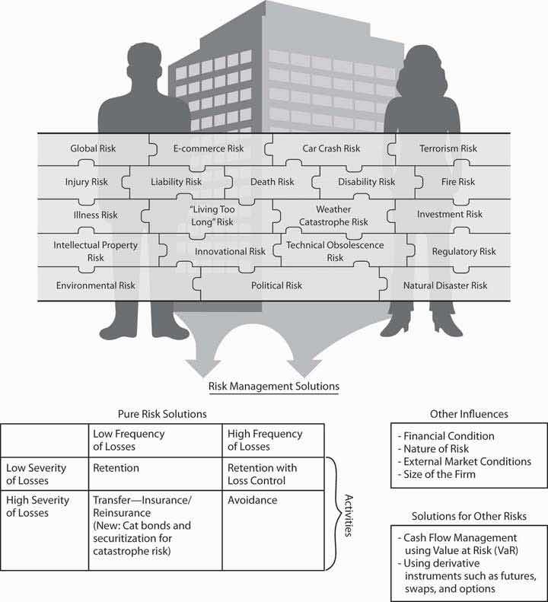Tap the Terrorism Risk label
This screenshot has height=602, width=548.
[x=448, y=148]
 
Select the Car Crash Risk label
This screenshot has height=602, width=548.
[x=330, y=148]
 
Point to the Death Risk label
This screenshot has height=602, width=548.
[x=272, y=182]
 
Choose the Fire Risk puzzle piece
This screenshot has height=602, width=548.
[x=457, y=182]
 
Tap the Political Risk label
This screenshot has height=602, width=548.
[x=276, y=285]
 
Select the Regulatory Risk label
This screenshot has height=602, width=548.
[x=464, y=251]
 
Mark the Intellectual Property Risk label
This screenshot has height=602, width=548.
[x=95, y=251]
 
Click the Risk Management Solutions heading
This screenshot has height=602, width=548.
[x=274, y=386]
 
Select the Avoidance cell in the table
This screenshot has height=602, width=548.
[x=251, y=500]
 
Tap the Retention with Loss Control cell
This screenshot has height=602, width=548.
[x=262, y=473]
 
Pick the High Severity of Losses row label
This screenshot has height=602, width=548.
[x=38, y=506]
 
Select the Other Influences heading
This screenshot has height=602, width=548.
[x=469, y=414]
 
